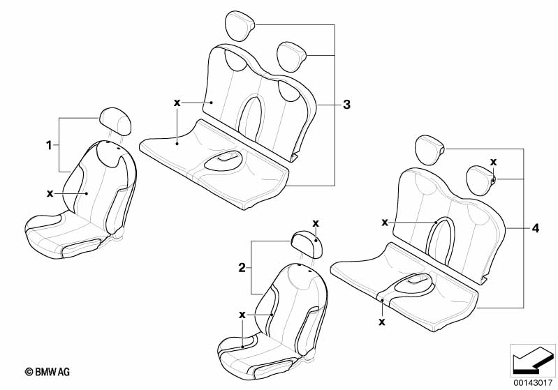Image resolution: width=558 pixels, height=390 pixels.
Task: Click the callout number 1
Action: point(49,145)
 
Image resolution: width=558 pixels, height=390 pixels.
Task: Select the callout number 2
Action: point(242,268)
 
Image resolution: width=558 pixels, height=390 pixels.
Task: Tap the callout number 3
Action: point(346,105)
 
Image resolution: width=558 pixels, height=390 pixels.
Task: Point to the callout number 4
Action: point(535,228)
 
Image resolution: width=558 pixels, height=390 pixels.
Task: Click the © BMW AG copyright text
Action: point(47,372)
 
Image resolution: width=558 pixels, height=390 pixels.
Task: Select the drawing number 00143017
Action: point(532,383)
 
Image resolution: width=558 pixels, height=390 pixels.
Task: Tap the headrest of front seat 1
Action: point(115,121)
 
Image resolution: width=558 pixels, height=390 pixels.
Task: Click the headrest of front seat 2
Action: point(307,243)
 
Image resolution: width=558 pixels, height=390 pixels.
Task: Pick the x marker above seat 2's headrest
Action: point(316,224)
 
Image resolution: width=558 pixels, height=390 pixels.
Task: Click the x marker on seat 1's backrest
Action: point(50,193)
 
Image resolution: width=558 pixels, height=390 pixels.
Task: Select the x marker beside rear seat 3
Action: point(177,103)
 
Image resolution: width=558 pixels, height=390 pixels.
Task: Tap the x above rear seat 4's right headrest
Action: point(493,162)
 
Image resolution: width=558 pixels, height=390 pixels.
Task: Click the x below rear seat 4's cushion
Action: point(382,322)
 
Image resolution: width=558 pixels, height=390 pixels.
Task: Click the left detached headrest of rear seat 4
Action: point(429,150)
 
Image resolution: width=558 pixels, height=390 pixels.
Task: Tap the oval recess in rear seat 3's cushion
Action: point(223,163)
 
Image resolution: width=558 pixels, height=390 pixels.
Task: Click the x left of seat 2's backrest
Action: point(242,315)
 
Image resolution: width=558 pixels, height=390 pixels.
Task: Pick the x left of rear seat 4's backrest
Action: point(385,223)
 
